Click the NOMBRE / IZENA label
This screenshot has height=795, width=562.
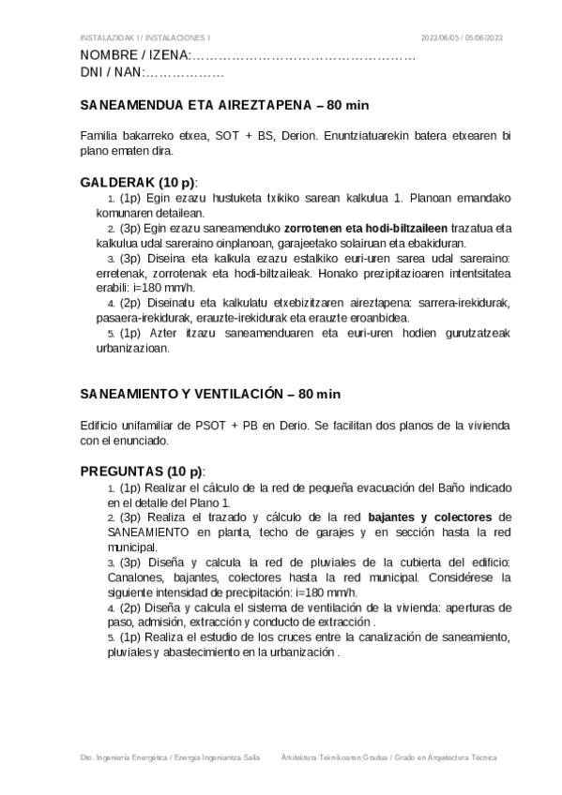pos(136,56)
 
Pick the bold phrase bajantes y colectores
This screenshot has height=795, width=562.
pos(431,517)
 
